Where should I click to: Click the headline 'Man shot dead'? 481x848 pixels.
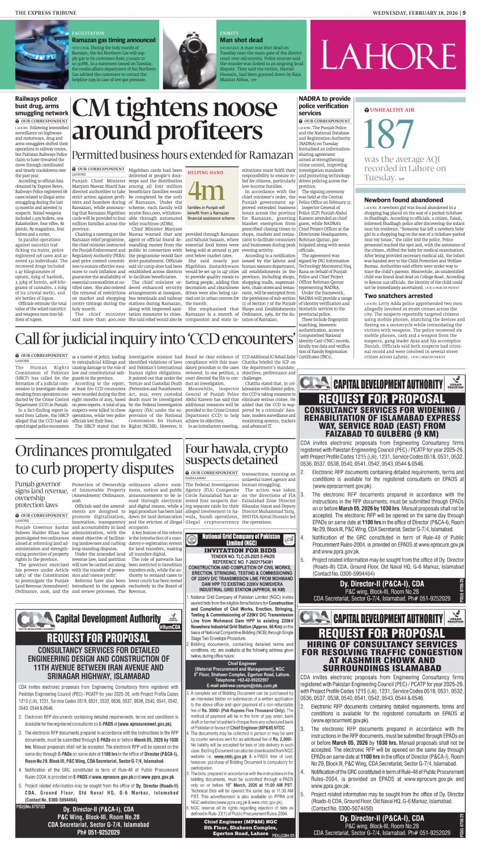[x=241, y=40]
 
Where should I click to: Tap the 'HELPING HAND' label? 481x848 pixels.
[x=205, y=172]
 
